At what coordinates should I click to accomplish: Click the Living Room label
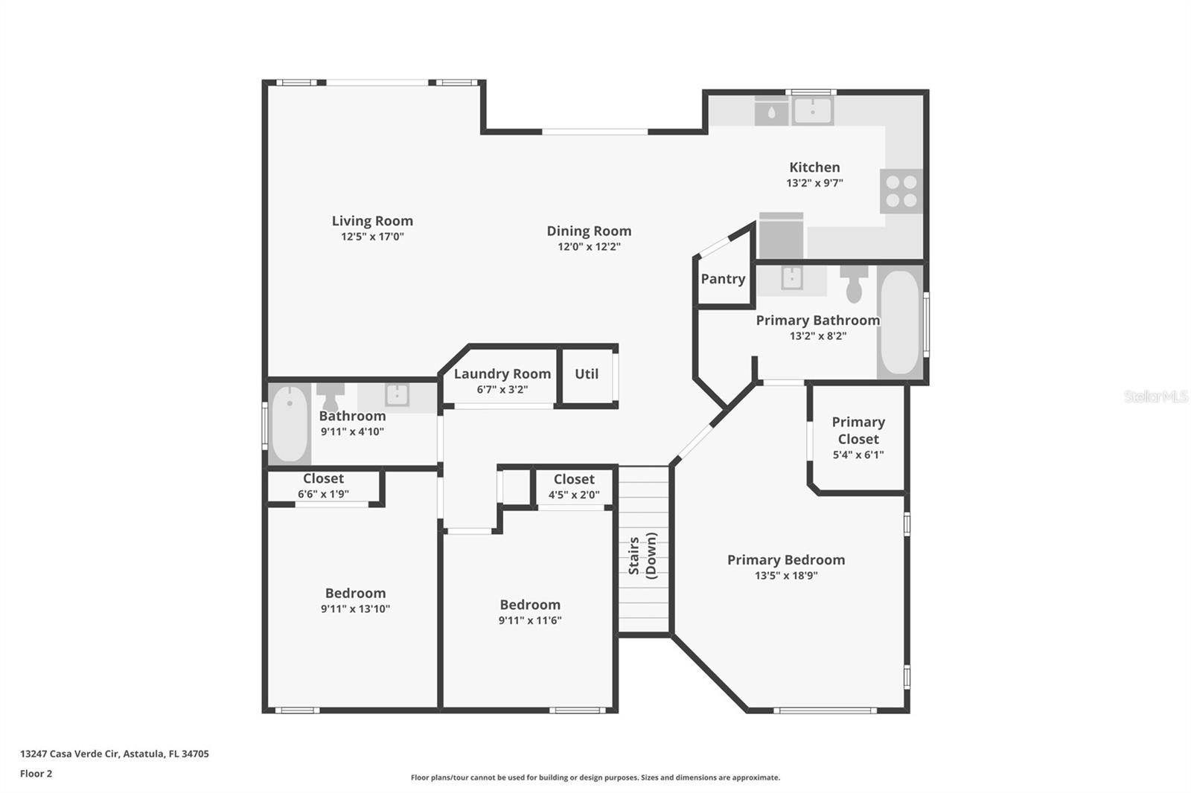click(x=372, y=221)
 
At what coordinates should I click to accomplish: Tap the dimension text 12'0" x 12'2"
click(x=589, y=247)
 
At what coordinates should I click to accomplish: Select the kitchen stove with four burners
click(x=901, y=191)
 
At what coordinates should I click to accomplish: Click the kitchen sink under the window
click(x=812, y=112)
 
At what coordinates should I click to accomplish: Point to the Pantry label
click(x=723, y=279)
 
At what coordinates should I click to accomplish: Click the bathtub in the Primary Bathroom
click(x=899, y=322)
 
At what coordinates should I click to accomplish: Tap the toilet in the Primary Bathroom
click(x=854, y=283)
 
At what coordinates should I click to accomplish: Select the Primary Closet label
click(x=858, y=430)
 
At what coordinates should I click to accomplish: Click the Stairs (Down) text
click(x=642, y=555)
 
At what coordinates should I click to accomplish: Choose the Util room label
click(x=587, y=374)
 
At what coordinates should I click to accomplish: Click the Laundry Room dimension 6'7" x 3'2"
click(x=502, y=390)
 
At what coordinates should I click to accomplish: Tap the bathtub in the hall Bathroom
click(x=290, y=424)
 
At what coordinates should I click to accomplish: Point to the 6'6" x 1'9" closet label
click(x=323, y=494)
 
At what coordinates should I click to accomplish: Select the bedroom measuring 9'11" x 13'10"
click(x=355, y=600)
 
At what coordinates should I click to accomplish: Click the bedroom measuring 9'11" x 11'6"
click(x=530, y=612)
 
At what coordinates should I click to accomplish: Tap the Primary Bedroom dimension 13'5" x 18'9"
click(x=786, y=576)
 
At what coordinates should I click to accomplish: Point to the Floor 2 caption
click(x=36, y=774)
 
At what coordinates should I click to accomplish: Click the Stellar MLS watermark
click(x=1155, y=396)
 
